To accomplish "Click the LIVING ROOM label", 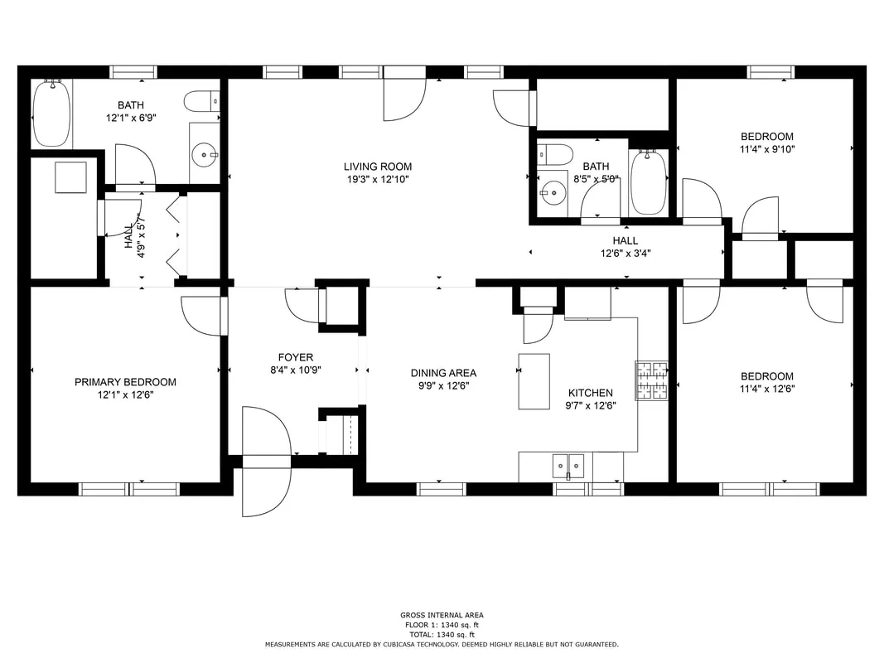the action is click(x=378, y=167).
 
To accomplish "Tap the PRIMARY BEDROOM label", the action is click(x=125, y=382).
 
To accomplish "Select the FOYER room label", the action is click(x=296, y=357).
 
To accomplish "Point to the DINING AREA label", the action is click(x=443, y=373).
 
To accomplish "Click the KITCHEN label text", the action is click(x=590, y=393).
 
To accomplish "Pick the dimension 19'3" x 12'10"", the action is click(x=378, y=180).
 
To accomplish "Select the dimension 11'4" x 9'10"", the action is click(x=767, y=149).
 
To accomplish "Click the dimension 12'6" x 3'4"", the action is click(x=626, y=254).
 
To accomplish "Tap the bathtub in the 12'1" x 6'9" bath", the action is click(x=52, y=114).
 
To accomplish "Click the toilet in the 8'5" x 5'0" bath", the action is click(x=554, y=154).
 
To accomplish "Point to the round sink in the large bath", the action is click(x=204, y=154).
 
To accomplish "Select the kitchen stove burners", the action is click(x=652, y=380).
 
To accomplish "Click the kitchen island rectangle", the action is click(x=534, y=381).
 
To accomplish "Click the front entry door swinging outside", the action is click(x=266, y=486).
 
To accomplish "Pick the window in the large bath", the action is click(x=133, y=72).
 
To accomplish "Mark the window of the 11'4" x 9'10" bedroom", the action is click(x=770, y=72).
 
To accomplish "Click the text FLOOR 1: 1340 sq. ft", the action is click(x=442, y=625).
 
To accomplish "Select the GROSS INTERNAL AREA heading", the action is click(x=442, y=615).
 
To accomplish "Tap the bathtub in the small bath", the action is click(x=649, y=181).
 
